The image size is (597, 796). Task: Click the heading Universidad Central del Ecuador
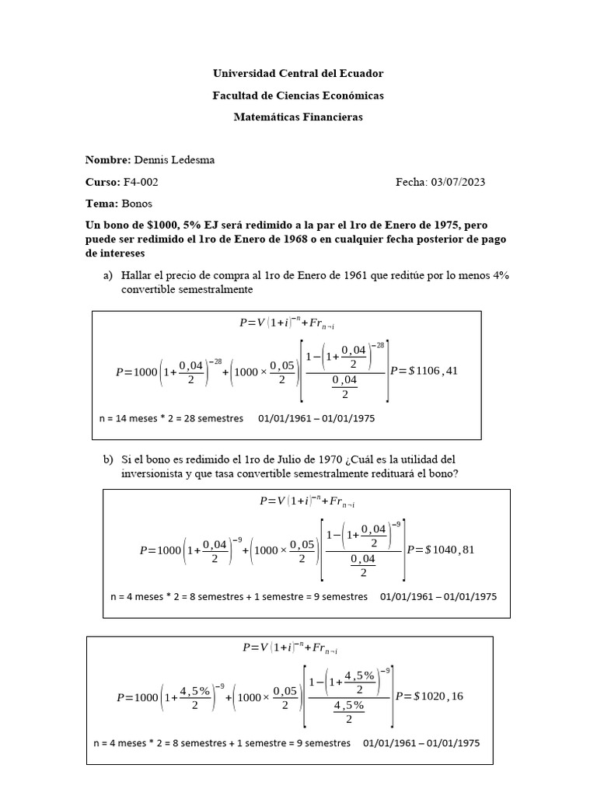coord(298,73)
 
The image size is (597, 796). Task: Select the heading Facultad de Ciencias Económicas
coord(298,95)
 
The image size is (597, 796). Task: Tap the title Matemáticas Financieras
coord(298,117)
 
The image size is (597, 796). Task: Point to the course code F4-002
coord(141,181)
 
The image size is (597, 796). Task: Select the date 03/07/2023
coord(458,181)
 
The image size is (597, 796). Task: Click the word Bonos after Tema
coord(138,203)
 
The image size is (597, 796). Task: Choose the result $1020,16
coord(438,696)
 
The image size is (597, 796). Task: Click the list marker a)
coord(108,276)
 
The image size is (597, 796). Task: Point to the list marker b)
coord(108,459)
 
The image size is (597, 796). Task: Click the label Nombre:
coord(107,159)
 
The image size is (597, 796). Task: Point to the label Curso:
coord(103,181)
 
